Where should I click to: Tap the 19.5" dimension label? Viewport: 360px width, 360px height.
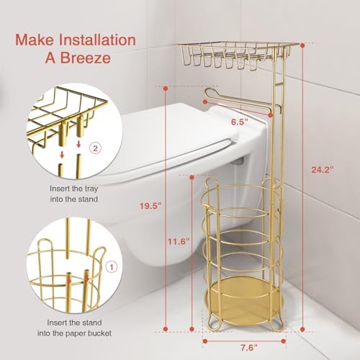(x=150, y=205)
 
